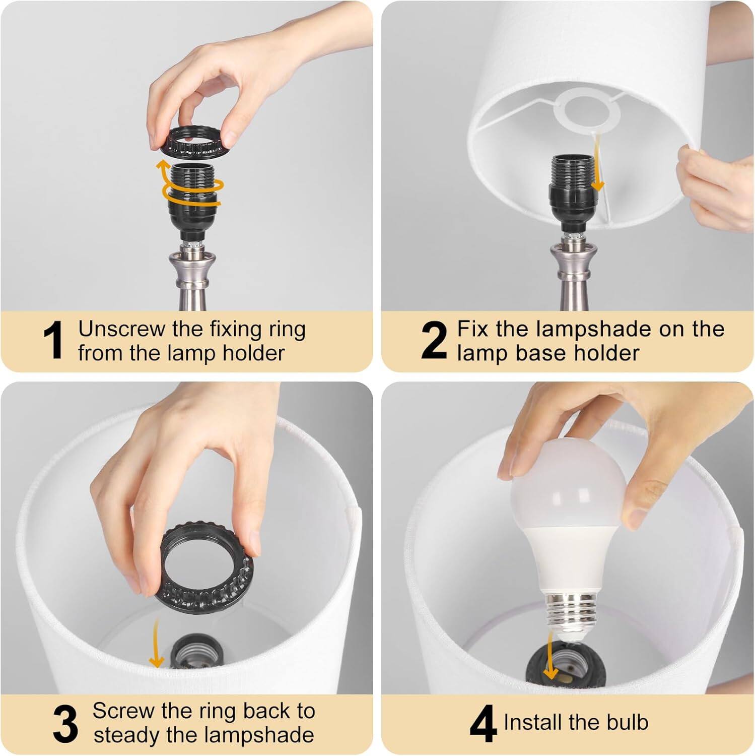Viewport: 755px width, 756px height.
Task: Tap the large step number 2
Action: coord(434,341)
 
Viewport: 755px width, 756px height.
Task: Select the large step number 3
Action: coord(65,724)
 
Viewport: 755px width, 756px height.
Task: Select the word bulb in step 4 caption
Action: coord(627,722)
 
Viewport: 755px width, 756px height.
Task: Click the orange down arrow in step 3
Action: coord(157,645)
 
